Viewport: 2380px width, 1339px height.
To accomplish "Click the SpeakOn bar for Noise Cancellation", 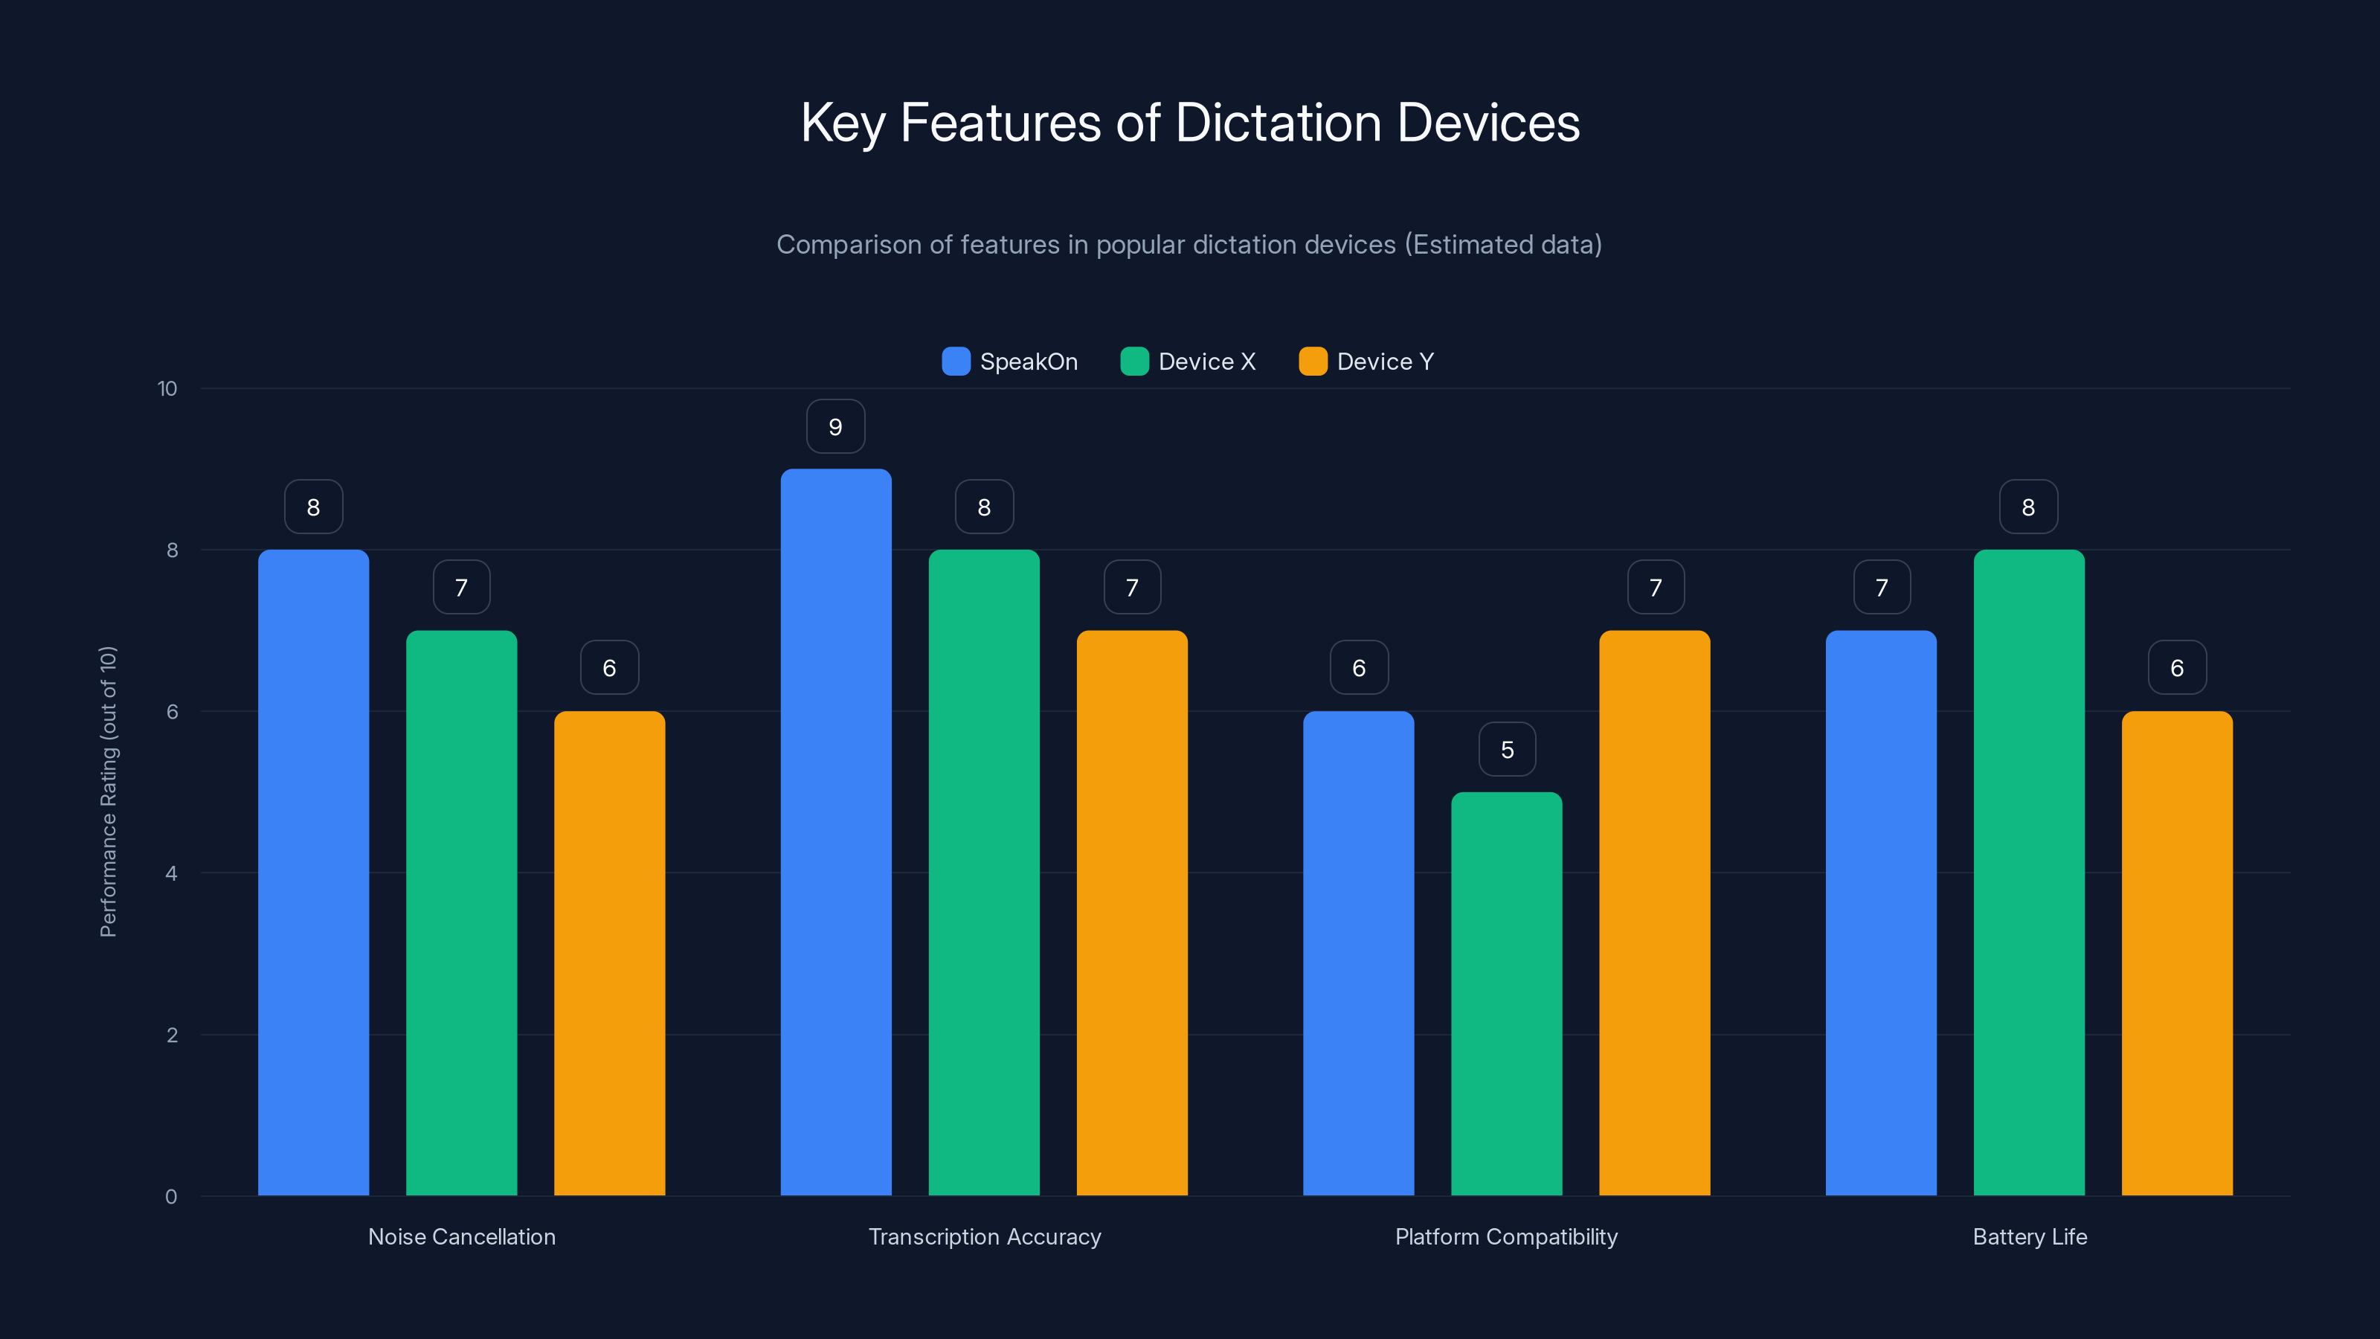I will [313, 873].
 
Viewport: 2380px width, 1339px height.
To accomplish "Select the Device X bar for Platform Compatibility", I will [1506, 993].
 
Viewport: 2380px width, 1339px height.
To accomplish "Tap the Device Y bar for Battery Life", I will [2177, 953].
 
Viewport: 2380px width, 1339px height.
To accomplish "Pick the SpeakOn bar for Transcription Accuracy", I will [835, 832].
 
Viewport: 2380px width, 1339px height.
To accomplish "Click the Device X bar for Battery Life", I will [2029, 873].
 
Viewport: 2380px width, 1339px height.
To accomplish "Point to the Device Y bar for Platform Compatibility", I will [1654, 913].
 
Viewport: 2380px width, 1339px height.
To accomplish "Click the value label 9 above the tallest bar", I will [835, 427].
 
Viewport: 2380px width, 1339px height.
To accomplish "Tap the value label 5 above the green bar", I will [1507, 749].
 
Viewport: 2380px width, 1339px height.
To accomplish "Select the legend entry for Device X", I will [1189, 362].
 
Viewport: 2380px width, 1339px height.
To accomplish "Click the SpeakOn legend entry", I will [1010, 362].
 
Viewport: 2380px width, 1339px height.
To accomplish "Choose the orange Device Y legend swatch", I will [1312, 362].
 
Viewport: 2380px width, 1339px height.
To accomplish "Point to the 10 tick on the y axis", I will [167, 389].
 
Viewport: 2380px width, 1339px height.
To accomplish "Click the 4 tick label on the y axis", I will [171, 873].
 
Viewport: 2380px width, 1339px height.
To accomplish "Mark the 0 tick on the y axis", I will [171, 1197].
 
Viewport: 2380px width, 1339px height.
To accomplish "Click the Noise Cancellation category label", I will [462, 1236].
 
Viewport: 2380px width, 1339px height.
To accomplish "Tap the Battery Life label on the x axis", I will [2030, 1236].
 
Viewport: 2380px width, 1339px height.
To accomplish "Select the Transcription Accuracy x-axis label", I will [984, 1236].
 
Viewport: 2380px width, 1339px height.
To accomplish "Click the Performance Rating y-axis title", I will [108, 792].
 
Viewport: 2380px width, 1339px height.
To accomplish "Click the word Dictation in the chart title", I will [1278, 123].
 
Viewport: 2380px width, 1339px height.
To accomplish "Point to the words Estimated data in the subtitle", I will [1502, 245].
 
